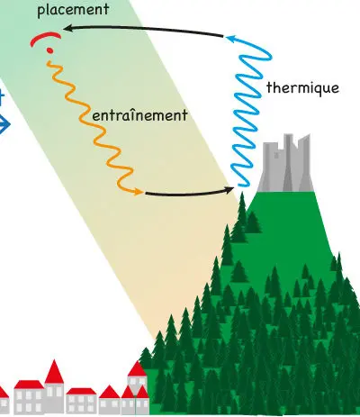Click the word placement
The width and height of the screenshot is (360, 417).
pos(73,10)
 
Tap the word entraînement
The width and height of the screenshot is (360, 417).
pos(139,115)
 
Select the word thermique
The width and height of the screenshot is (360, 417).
pos(302,88)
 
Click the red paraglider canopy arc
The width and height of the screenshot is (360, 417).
pos(45,39)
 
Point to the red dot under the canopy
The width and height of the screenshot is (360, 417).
pos(50,50)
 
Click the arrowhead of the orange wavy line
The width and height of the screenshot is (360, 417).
pos(139,192)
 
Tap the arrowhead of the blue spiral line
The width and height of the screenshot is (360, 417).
pos(231,39)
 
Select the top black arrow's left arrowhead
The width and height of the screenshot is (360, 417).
pos(67,29)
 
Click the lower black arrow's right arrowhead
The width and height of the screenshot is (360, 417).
pos(229,190)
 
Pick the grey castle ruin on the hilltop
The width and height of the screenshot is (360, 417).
pos(285,164)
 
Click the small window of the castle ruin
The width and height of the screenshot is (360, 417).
pos(276,155)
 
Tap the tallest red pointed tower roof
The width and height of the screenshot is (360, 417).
pos(54,372)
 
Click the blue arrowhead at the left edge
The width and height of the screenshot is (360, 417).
pos(4,124)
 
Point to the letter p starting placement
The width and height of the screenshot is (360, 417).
pos(41,12)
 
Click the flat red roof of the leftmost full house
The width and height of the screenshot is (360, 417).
pos(29,385)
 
